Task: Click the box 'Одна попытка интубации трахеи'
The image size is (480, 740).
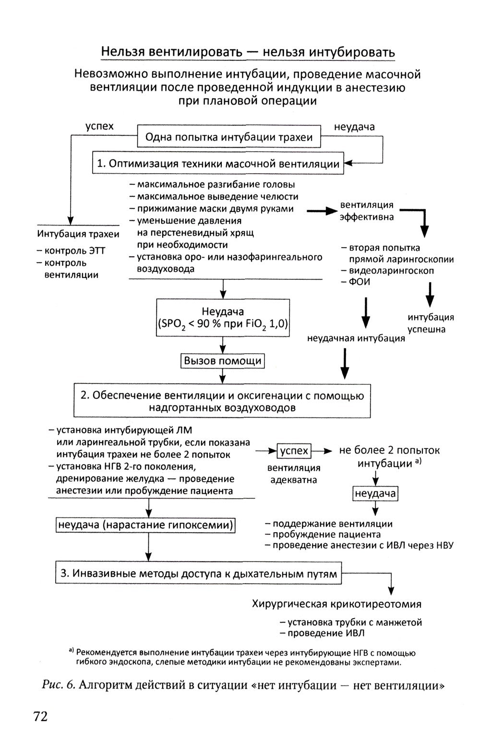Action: point(228,138)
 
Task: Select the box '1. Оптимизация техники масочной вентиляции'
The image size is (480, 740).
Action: point(218,164)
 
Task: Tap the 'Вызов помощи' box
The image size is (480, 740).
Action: point(223,361)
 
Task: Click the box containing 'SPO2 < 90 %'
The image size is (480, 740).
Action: point(223,318)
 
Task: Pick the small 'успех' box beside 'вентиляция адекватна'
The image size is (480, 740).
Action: point(294,451)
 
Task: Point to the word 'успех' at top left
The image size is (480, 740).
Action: point(99,126)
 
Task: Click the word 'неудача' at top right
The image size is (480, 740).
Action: point(354,127)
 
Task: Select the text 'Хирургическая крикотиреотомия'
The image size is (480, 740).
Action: point(336,604)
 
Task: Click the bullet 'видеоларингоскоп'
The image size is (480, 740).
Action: point(391,271)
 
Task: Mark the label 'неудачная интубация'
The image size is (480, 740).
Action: point(356,339)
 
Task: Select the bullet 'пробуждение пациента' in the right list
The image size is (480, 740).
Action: point(326,535)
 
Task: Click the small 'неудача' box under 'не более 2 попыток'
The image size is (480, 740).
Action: point(375,494)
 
